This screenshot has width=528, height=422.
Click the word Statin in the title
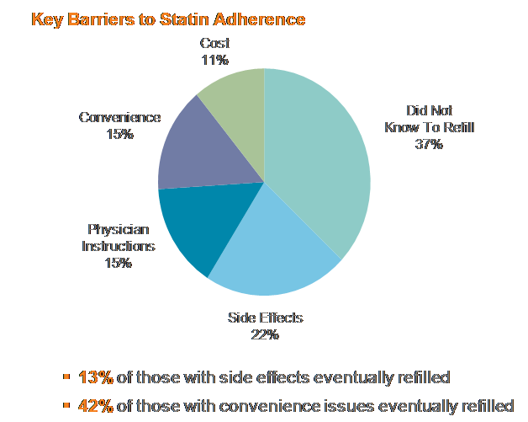pos(185,18)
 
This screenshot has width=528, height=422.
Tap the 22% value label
pos(263,334)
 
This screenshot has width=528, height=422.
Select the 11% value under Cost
pos(215,59)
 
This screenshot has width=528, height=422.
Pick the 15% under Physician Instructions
pos(119,263)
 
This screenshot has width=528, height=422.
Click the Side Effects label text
pos(264,318)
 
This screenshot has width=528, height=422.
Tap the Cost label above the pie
pos(215,43)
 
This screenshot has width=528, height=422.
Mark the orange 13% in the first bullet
pos(95,377)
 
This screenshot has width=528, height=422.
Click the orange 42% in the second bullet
pos(95,405)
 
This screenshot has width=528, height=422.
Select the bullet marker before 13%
pos(66,377)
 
